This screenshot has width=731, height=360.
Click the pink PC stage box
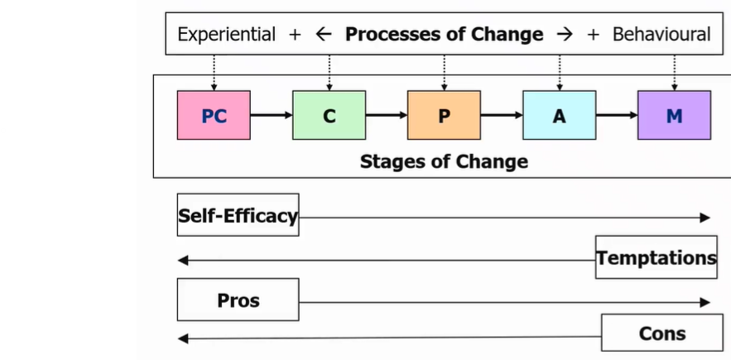pyautogui.click(x=214, y=115)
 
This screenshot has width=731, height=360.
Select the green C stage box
pyautogui.click(x=329, y=115)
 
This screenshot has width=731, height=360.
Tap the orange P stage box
pyautogui.click(x=444, y=115)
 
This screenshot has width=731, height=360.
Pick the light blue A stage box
pyautogui.click(x=559, y=115)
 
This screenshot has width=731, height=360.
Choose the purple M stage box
pyautogui.click(x=674, y=115)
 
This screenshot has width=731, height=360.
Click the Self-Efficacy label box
pyautogui.click(x=238, y=215)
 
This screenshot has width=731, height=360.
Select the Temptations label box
pyautogui.click(x=656, y=257)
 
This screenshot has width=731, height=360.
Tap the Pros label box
pyautogui.click(x=238, y=300)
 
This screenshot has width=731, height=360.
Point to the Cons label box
pyautogui.click(x=661, y=333)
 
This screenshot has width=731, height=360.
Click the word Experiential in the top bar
pyautogui.click(x=226, y=34)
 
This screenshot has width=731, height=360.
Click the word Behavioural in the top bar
pyautogui.click(x=661, y=34)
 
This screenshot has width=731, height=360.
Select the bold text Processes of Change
pyautogui.click(x=444, y=34)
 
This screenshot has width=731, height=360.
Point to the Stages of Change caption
pyautogui.click(x=444, y=161)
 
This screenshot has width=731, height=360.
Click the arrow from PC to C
pyautogui.click(x=271, y=115)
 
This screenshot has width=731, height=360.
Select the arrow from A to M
pyautogui.click(x=616, y=115)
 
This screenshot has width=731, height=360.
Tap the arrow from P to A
pyautogui.click(x=501, y=115)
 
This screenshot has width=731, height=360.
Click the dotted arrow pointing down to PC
pyautogui.click(x=214, y=73)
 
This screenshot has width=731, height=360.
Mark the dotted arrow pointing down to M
pyautogui.click(x=674, y=73)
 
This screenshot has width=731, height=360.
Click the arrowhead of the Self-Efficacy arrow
pyautogui.click(x=705, y=218)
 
